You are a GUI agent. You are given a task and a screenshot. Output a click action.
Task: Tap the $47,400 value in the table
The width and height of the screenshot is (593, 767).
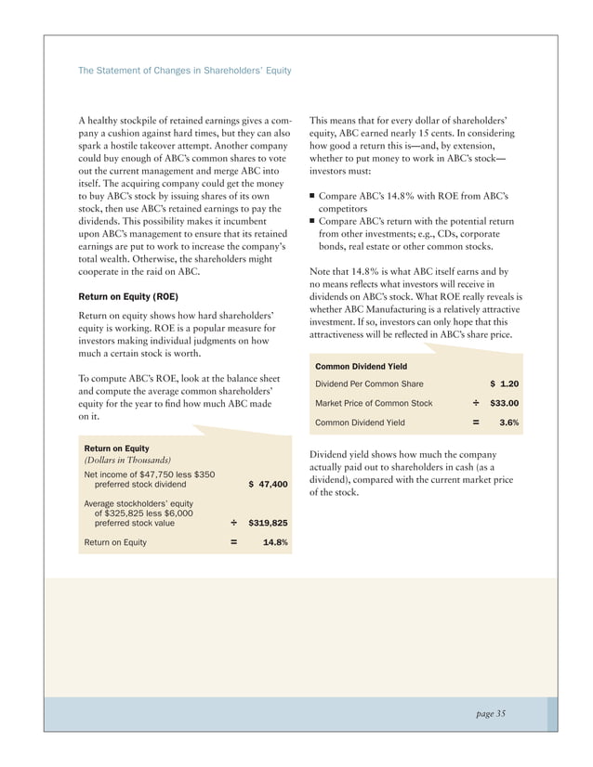(269, 484)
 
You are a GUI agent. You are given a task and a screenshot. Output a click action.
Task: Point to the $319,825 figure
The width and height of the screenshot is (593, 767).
(268, 523)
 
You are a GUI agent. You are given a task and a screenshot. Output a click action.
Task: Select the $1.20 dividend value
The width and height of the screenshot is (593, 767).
(504, 383)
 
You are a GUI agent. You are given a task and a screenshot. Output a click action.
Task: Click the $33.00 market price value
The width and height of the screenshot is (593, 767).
(504, 403)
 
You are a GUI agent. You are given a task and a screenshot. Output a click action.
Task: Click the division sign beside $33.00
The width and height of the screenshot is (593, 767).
(476, 403)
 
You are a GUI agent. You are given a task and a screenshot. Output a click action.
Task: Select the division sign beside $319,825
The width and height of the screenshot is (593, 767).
(234, 523)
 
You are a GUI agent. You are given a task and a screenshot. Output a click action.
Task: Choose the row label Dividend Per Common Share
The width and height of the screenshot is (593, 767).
(370, 383)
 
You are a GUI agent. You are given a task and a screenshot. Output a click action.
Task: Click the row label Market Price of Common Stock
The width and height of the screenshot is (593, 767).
(374, 403)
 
